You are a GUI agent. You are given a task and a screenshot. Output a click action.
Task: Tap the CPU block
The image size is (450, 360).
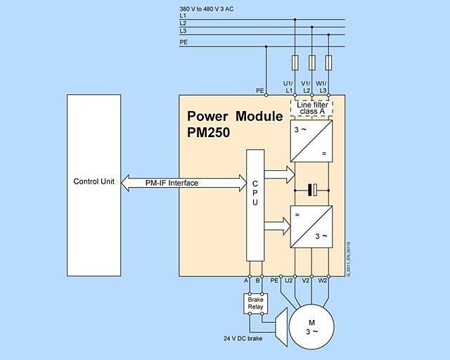pos(255,211)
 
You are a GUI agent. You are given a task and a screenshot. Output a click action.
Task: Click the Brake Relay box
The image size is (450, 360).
pos(255,303)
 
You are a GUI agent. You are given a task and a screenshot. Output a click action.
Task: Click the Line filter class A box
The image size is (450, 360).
pos(311,108)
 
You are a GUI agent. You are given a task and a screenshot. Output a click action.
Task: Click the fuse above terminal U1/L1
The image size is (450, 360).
pos(295,63)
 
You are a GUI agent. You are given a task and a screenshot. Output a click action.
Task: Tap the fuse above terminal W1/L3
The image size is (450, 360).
pos(328,63)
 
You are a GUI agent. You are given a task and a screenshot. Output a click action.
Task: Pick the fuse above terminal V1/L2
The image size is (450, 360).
pos(311,63)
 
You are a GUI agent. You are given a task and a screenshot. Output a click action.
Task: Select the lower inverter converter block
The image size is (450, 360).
pos(311,226)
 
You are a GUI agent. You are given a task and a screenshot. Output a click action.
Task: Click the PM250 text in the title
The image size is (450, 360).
pos(209,131)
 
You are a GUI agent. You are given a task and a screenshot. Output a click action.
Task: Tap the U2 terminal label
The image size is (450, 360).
pos(288,280)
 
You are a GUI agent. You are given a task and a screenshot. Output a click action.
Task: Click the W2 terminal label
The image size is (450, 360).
pos(323,280)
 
